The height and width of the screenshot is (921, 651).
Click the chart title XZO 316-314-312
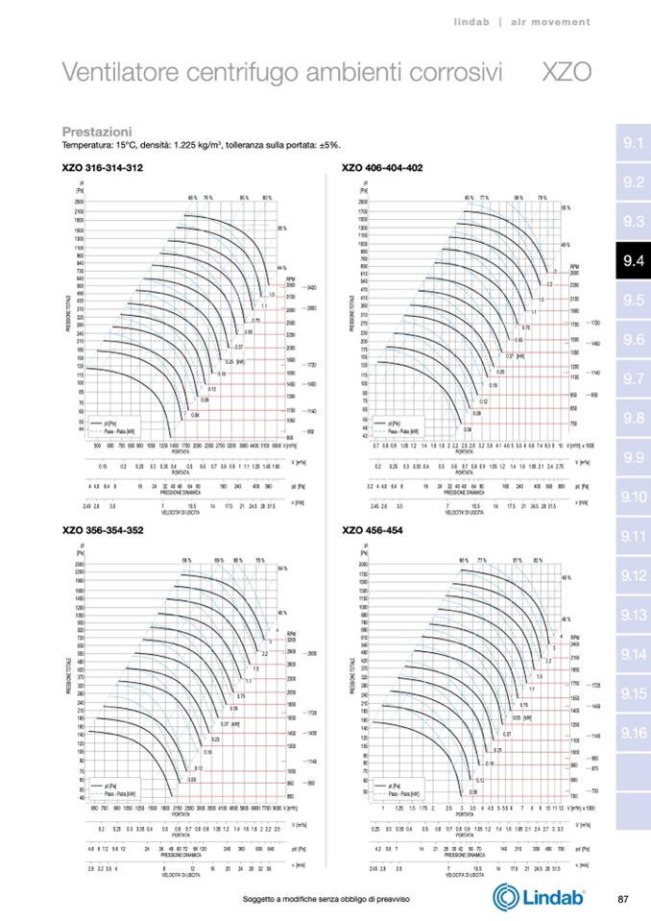(x=103, y=167)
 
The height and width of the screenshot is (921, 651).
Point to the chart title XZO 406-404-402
(x=382, y=167)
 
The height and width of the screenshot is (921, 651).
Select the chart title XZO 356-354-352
(x=103, y=529)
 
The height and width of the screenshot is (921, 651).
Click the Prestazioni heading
(x=97, y=131)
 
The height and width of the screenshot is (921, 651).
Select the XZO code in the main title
(x=567, y=73)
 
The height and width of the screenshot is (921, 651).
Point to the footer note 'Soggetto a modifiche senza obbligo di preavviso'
(x=327, y=899)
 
